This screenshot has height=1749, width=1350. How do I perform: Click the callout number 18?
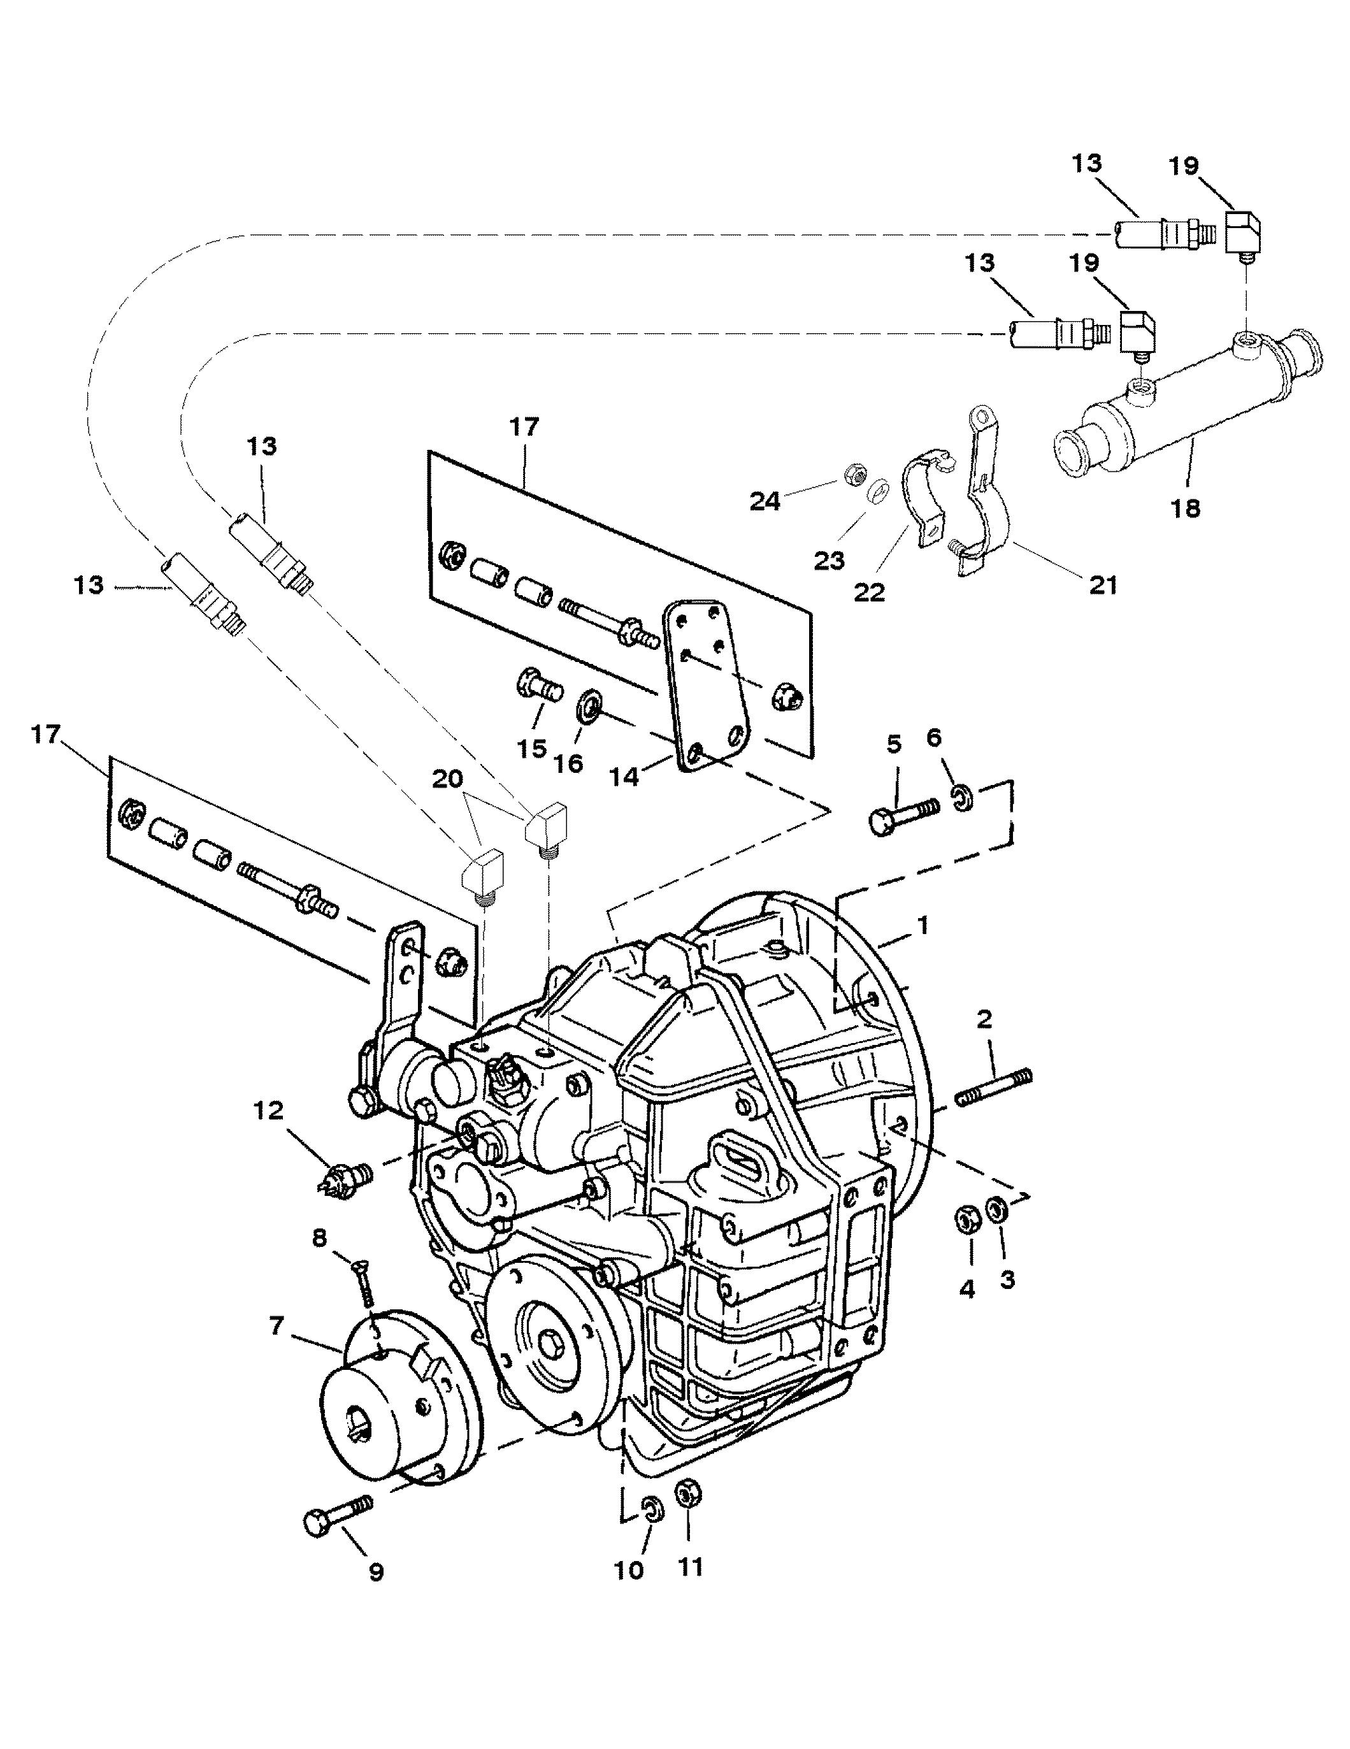tap(1186, 508)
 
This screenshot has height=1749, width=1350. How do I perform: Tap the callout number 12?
tap(268, 1110)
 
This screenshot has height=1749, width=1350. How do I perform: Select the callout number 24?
tap(765, 502)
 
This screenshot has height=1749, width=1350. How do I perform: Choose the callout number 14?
tap(624, 777)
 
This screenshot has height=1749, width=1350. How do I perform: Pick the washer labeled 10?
tap(651, 1509)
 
